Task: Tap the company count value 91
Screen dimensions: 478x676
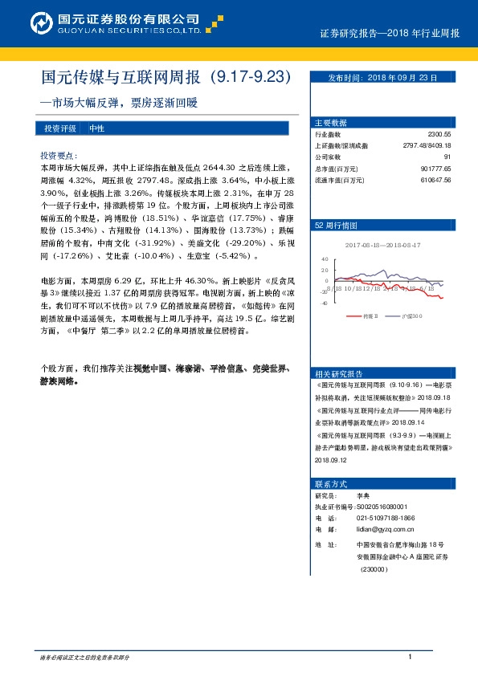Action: point(447,157)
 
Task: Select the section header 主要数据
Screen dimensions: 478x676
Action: point(331,123)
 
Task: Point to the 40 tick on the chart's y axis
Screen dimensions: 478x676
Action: point(325,260)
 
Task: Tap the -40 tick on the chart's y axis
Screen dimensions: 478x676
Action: point(324,303)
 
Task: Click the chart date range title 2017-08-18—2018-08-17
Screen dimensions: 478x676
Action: point(382,244)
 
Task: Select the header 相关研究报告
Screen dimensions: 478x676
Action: point(339,373)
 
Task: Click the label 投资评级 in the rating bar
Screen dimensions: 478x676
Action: point(60,128)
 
